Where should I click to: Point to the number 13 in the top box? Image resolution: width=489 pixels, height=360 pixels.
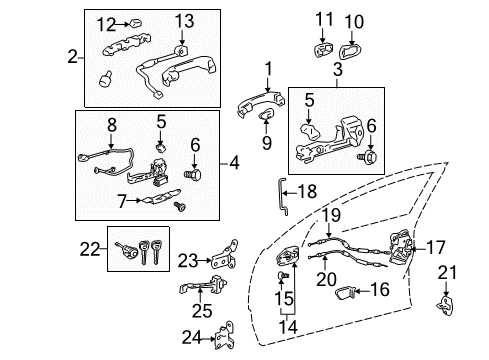coord(185,21)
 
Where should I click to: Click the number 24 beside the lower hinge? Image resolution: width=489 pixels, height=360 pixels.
coord(187,335)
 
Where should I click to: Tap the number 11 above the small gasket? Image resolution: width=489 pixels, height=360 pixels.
coord(321,19)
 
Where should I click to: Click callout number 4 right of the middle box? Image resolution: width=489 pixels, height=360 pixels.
coord(233,160)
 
